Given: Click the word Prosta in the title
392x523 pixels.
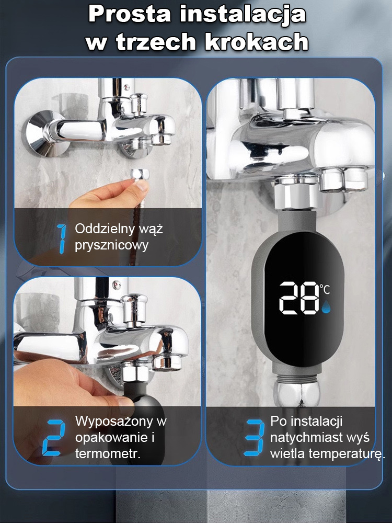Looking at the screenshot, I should click(129, 14).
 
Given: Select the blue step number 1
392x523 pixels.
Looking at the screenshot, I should click(62, 238).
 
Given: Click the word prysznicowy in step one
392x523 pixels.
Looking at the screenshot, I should click(111, 245).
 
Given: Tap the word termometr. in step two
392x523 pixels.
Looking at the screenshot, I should click(108, 453).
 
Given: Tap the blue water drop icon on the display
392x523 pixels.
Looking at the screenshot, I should click(326, 309).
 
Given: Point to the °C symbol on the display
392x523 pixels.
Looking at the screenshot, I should click(325, 288).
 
